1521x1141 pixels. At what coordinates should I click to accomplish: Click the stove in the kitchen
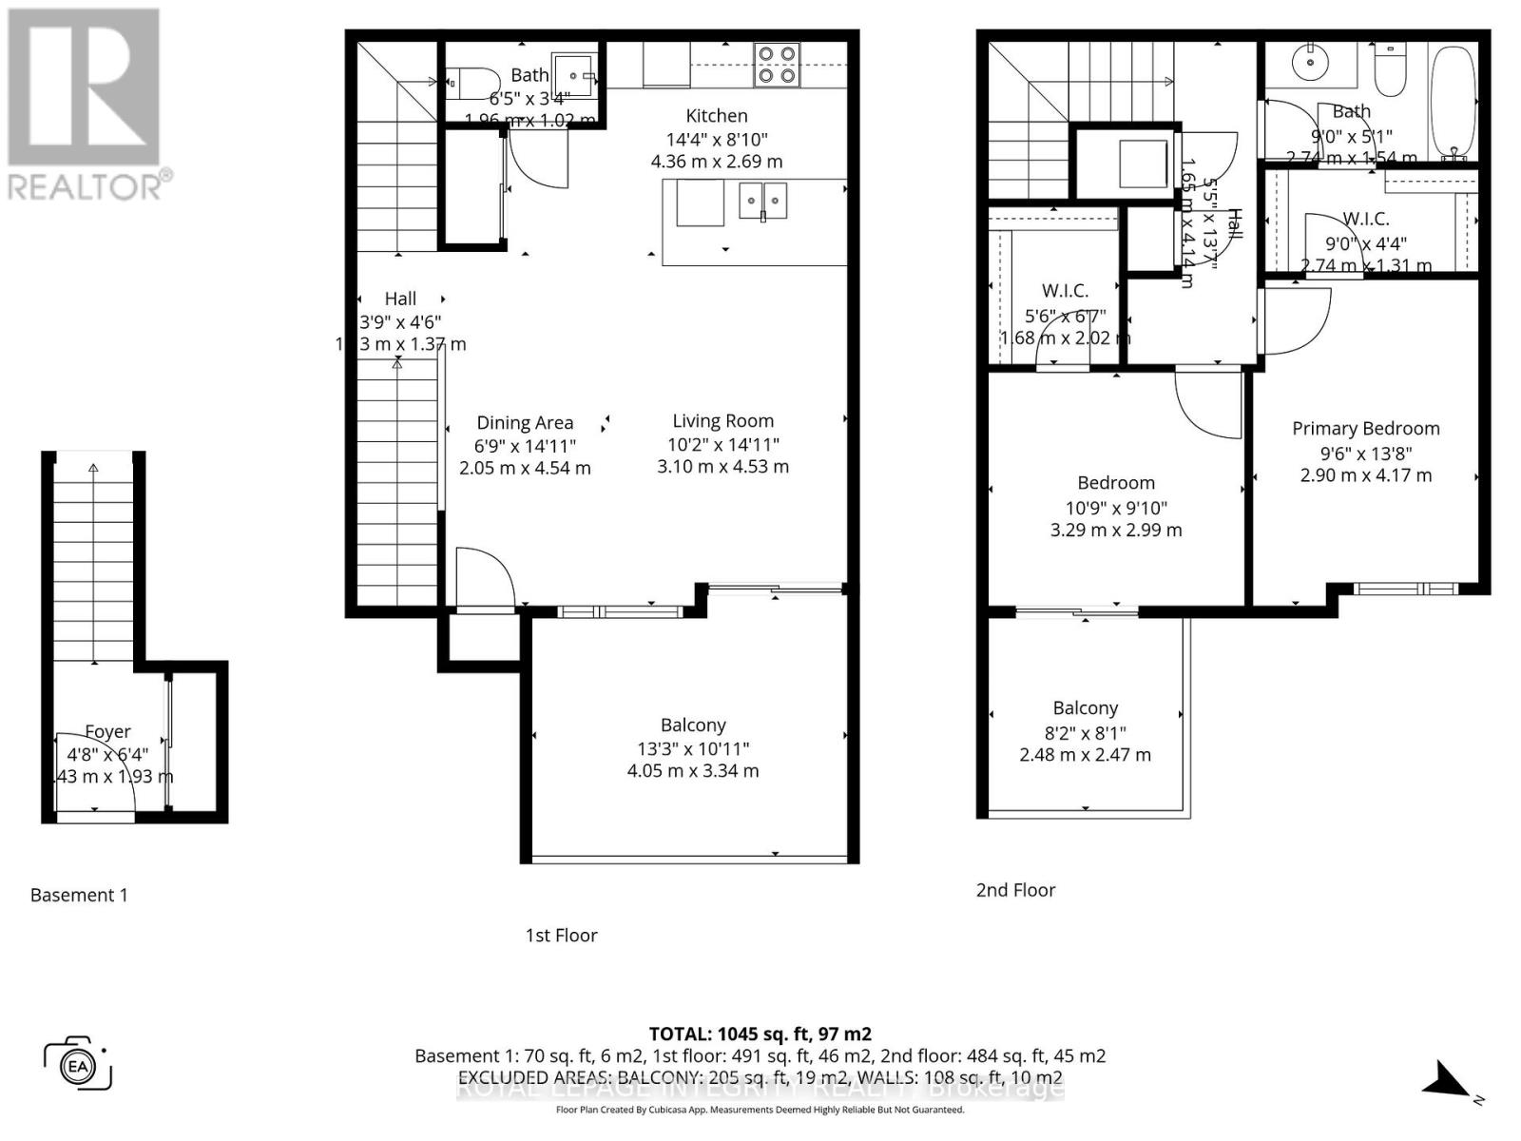[775, 65]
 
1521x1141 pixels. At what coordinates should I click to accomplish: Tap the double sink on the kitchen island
[762, 201]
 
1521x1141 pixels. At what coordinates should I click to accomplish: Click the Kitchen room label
[717, 116]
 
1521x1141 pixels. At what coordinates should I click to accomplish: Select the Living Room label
[722, 421]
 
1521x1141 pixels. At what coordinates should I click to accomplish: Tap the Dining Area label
[525, 423]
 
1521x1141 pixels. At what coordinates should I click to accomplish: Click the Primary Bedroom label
[1365, 429]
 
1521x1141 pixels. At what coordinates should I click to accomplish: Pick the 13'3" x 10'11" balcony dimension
[693, 748]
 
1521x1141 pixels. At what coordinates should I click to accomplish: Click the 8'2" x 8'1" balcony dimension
[1085, 732]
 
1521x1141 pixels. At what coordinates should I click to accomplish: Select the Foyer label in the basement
[107, 731]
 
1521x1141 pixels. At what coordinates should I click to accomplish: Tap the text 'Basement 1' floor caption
[79, 895]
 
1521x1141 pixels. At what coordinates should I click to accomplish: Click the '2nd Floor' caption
[1015, 890]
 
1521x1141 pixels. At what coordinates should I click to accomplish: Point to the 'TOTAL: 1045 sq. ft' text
[760, 1034]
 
